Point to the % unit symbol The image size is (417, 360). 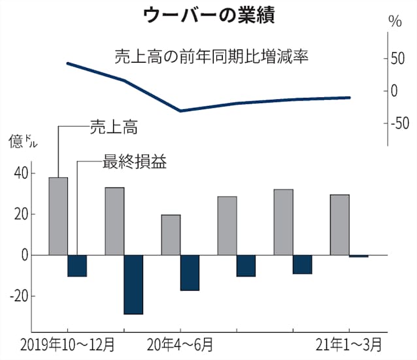pos(394,21)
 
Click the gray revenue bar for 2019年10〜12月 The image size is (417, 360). pos(58,216)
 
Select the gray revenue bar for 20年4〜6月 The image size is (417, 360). pos(171,235)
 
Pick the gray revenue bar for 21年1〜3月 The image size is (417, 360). pos(339,224)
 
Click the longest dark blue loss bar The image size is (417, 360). pos(133,284)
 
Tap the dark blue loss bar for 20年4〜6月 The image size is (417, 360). pos(190,272)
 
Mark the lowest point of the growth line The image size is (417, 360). pos(180,110)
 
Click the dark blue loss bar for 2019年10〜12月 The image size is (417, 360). pos(77,265)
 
